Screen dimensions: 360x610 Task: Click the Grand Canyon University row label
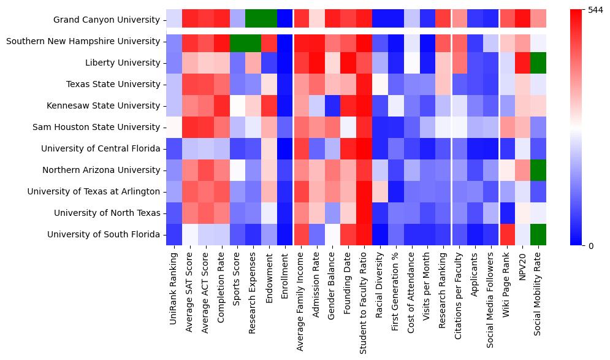click(107, 20)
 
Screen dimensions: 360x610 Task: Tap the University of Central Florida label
click(101, 148)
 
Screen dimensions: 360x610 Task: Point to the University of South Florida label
click(104, 234)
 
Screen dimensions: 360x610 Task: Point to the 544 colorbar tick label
click(596, 11)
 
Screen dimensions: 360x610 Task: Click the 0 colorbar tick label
click(590, 245)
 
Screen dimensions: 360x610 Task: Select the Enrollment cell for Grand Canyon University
click(286, 20)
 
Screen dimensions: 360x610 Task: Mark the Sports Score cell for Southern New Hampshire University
click(238, 41)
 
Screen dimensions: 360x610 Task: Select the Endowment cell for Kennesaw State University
click(270, 105)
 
